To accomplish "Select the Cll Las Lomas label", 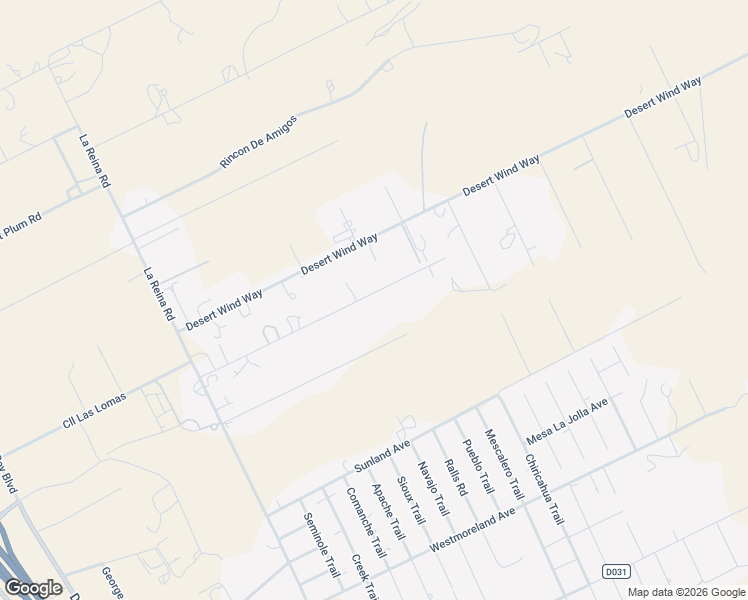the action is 95,411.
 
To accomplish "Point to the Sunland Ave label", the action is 383,455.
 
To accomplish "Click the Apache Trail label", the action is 388,513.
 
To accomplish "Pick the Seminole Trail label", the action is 322,545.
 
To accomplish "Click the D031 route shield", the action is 616,571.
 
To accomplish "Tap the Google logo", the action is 33,588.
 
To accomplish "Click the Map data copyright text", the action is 686,592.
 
